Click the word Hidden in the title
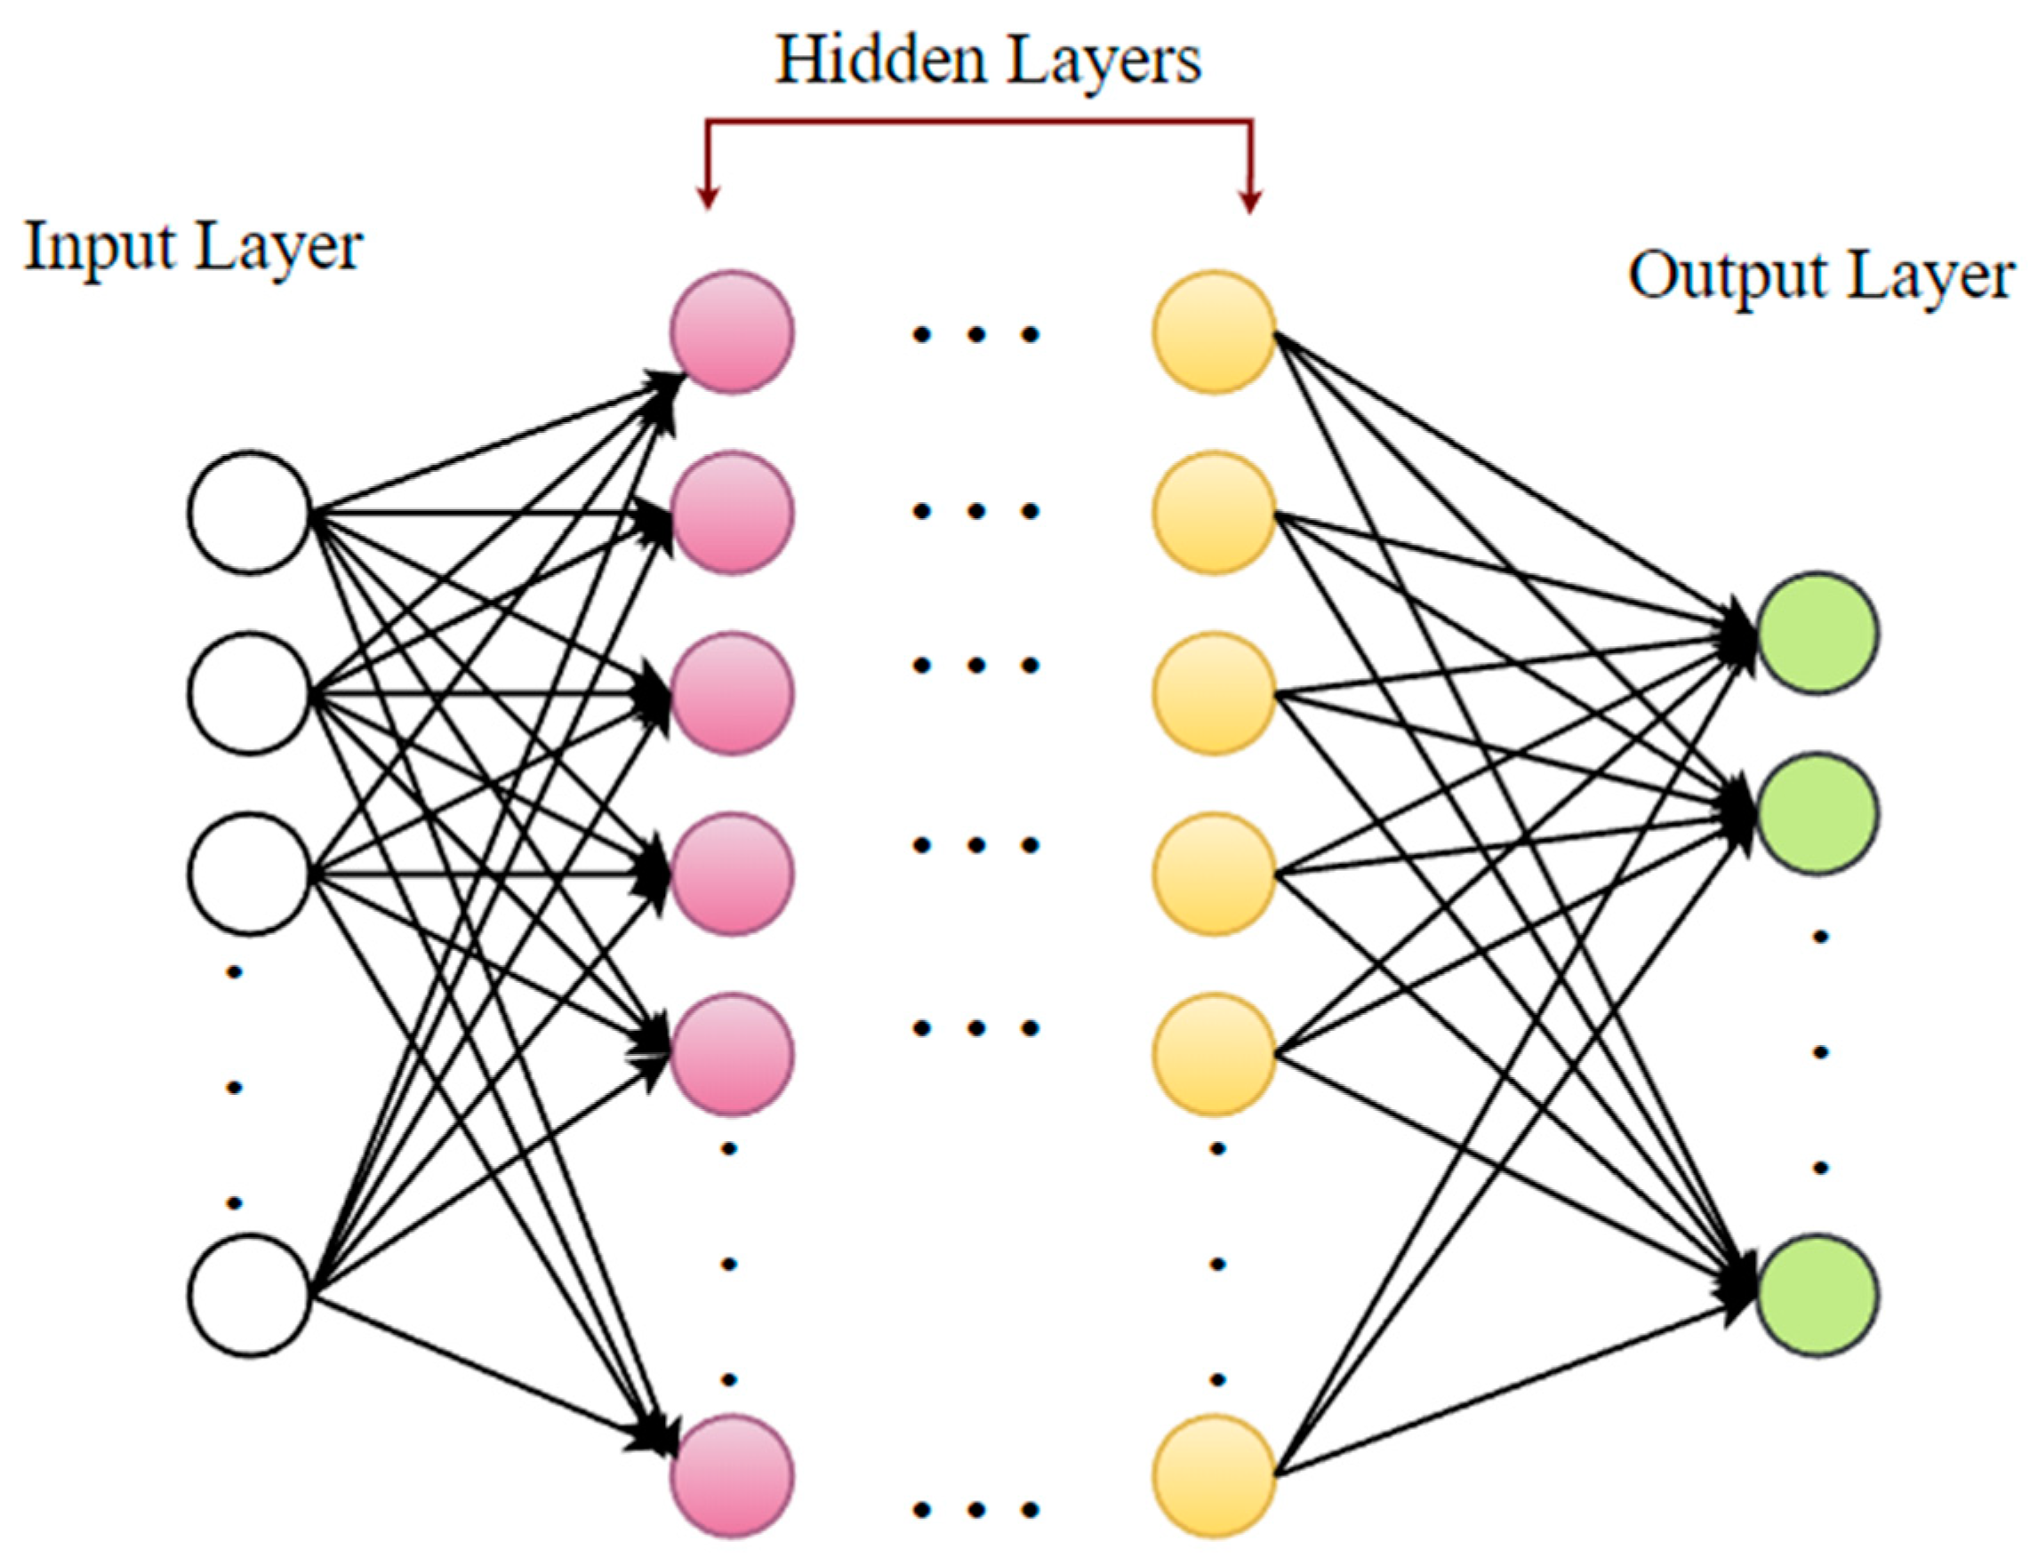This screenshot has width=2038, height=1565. click(879, 60)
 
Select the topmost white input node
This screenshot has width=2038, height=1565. click(249, 511)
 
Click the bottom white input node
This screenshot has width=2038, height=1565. click(249, 1295)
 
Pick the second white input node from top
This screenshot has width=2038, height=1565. click(249, 692)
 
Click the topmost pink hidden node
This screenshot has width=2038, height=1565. click(732, 331)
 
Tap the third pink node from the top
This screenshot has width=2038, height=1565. click(732, 692)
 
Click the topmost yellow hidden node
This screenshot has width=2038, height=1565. click(1214, 331)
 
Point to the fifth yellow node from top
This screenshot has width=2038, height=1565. click(1214, 1054)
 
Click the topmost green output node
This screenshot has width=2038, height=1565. click(1817, 633)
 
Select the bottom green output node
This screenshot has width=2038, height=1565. click(1817, 1295)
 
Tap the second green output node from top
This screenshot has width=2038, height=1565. click(1817, 812)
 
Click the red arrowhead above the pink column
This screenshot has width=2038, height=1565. click(708, 196)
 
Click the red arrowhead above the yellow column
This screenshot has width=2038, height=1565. click(1249, 199)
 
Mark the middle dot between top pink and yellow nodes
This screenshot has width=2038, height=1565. click(975, 333)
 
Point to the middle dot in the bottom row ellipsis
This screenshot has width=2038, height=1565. click(975, 1510)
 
